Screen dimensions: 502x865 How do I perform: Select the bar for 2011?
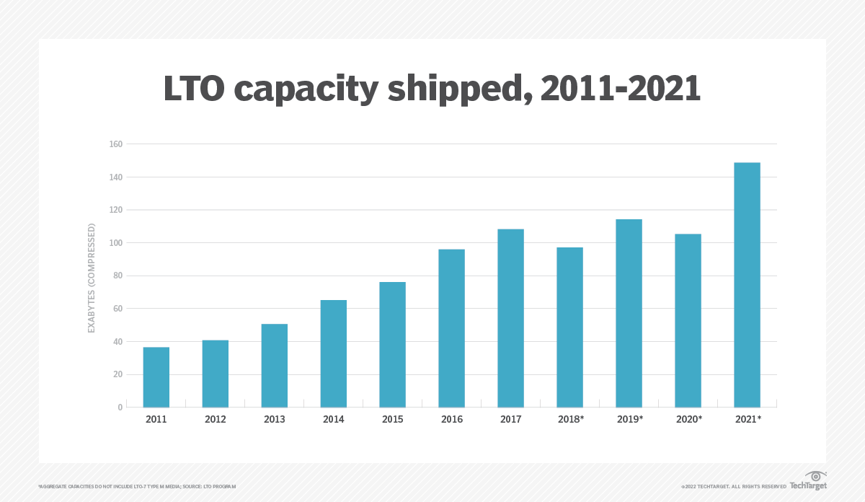(x=156, y=377)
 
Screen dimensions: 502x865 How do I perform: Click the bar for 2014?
(x=334, y=353)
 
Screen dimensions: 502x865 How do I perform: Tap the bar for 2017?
(x=510, y=318)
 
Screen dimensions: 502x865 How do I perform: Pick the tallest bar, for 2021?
(x=747, y=285)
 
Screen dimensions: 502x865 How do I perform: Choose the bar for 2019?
(x=629, y=313)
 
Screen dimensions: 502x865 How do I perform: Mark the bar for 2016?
(x=451, y=328)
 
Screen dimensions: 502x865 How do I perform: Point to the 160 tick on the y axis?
(x=115, y=144)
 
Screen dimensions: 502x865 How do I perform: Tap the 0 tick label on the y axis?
(x=120, y=408)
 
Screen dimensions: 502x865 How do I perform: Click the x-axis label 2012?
(x=216, y=419)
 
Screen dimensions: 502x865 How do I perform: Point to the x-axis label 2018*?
(x=570, y=419)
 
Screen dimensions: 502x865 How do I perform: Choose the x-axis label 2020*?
(x=688, y=419)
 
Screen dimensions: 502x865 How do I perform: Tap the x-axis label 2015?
(x=393, y=419)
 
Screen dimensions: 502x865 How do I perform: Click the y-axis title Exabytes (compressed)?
(x=92, y=278)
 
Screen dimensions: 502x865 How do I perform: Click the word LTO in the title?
(x=196, y=89)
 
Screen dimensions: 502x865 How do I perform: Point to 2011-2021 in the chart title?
(x=621, y=89)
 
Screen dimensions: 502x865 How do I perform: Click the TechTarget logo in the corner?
(x=807, y=480)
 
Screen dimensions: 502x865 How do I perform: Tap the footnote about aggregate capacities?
(x=137, y=487)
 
